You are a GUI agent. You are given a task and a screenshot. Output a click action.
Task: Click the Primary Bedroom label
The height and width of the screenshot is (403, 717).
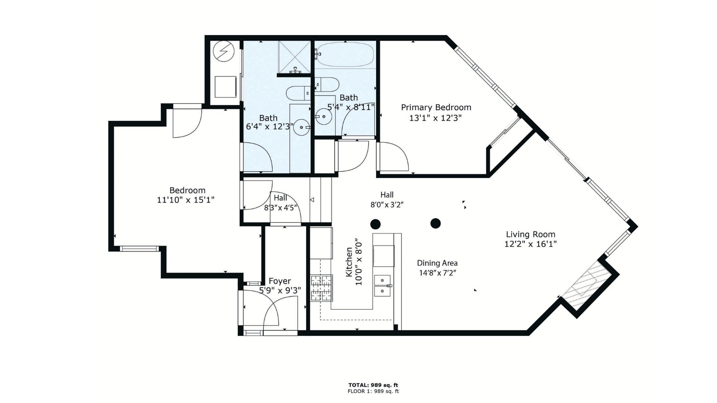tap(436, 107)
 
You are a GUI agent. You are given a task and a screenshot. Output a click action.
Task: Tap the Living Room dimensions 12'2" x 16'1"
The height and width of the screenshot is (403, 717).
tap(531, 244)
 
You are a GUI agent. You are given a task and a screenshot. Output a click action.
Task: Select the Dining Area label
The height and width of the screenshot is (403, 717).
tap(437, 263)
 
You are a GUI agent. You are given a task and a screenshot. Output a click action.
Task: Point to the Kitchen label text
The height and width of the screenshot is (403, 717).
tap(349, 262)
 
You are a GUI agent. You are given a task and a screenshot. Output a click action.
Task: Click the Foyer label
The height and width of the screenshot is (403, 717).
tap(280, 281)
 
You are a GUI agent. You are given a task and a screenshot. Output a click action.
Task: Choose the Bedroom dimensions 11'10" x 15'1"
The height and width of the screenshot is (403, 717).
tap(186, 200)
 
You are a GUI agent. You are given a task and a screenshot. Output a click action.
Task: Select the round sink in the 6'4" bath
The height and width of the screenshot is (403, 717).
tap(301, 128)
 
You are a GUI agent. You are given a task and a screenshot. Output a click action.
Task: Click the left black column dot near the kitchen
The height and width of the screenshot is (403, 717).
tap(375, 224)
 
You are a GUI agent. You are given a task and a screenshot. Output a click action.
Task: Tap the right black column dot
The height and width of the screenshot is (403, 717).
tap(435, 224)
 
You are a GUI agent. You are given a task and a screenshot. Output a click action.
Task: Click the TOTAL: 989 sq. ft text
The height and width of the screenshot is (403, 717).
tap(373, 385)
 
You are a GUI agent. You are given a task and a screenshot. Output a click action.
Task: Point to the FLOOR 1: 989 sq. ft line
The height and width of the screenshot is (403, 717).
tap(373, 391)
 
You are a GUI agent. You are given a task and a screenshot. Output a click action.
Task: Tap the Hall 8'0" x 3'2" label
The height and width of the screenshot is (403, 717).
tap(387, 200)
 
